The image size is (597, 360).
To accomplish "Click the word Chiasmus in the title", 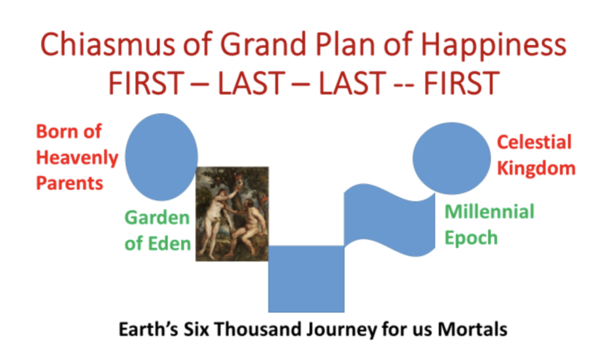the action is click(108, 44).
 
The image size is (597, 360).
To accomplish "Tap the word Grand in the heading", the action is click(264, 44).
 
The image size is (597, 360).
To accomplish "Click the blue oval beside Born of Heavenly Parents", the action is click(161, 156).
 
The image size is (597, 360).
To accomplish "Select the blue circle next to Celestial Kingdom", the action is click(452, 158).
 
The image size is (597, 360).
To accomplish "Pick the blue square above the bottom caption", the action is click(307, 279).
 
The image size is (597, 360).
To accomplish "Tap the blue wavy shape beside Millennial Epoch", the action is click(389, 220).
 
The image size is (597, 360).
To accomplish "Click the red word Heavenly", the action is click(78, 158).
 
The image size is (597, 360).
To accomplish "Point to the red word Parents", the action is click(70, 183).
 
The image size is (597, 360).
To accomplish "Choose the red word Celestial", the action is click(534, 142).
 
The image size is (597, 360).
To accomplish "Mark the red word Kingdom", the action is click(536, 168).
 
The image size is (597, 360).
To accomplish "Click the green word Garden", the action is click(157, 218).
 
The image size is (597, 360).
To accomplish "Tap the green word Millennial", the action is click(490, 211).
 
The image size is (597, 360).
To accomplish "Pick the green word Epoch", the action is click(471, 238).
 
